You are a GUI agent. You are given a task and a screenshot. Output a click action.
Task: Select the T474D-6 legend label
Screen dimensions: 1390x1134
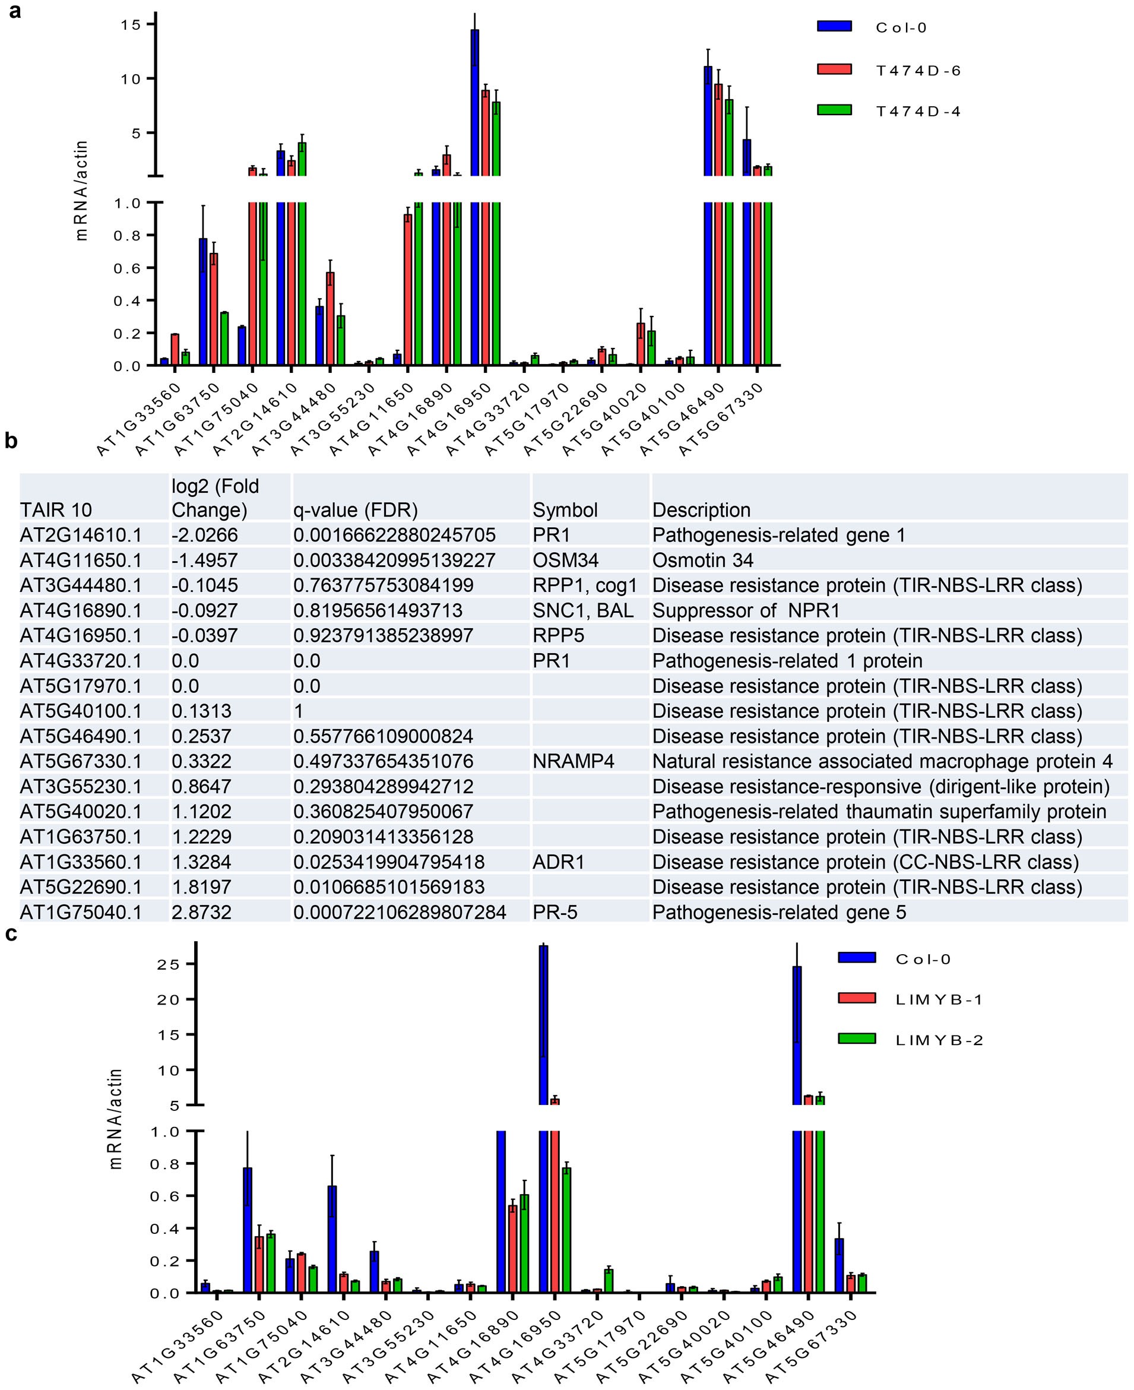point(918,71)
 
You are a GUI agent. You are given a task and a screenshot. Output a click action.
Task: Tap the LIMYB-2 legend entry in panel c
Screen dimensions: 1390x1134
point(939,1040)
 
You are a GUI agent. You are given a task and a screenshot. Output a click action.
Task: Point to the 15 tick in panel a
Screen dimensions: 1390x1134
point(131,24)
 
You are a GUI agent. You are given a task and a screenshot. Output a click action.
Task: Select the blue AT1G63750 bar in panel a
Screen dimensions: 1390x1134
point(203,301)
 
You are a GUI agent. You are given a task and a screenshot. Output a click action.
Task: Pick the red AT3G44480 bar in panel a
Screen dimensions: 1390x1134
point(331,318)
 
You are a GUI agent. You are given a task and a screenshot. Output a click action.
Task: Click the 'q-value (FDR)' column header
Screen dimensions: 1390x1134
point(356,510)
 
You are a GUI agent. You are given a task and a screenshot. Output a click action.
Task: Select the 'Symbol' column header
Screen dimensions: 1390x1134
point(565,510)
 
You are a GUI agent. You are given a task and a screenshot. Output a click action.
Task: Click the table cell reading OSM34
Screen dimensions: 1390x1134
point(566,561)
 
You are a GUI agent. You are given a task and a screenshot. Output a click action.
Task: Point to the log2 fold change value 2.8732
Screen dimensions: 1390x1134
point(201,912)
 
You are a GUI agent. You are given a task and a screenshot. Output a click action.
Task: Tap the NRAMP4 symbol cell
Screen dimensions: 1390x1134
point(574,761)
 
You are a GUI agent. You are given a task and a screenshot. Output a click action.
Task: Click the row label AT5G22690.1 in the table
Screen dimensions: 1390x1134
point(81,887)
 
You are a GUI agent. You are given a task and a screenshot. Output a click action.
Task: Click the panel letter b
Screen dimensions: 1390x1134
point(11,442)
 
